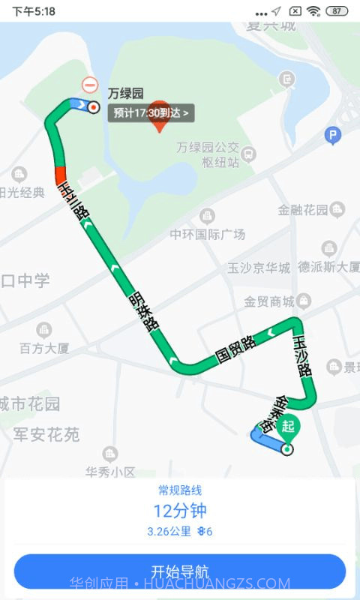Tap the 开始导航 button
pos(180,571)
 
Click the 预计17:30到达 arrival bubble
pos(152,113)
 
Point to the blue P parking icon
pos(332,136)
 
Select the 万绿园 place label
pos(125,94)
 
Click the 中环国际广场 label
pos(208,234)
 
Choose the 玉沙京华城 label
pos(259,268)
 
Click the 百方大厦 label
pos(44,347)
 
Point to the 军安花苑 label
pos(46,434)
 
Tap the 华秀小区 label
pos(109,471)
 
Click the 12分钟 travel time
pos(180,511)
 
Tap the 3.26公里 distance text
pos(169,532)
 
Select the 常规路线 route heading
pos(180,490)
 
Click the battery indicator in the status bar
pos(337,11)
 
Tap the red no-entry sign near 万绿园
pos(90,85)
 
